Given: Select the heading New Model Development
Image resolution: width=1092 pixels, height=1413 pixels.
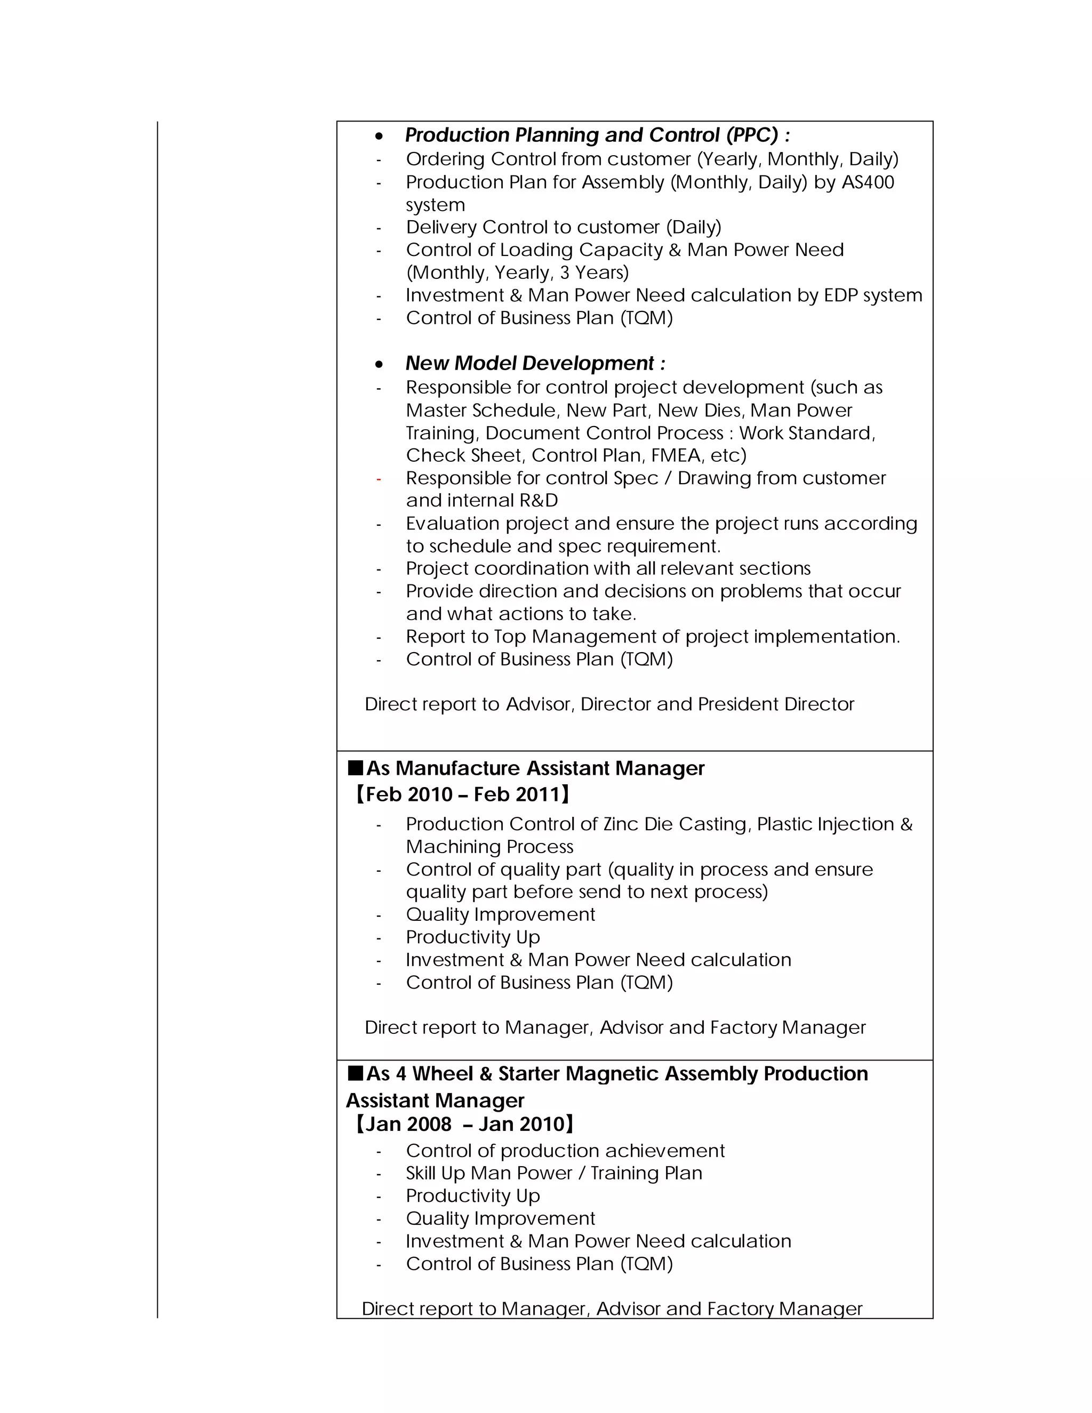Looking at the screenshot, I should pyautogui.click(x=534, y=364).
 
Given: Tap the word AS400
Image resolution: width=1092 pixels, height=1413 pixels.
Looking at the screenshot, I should pyautogui.click(x=868, y=182).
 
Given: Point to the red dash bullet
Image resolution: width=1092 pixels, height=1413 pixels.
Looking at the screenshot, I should pyautogui.click(x=379, y=479).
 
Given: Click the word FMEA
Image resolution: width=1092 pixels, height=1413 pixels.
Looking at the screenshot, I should pyautogui.click(x=677, y=455).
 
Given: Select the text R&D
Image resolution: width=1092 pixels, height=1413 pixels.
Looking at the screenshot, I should pyautogui.click(x=538, y=501).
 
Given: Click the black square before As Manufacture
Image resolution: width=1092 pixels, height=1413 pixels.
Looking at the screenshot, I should pyautogui.click(x=355, y=768).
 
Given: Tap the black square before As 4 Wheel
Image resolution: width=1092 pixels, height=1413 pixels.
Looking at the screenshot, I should pyautogui.click(x=355, y=1073).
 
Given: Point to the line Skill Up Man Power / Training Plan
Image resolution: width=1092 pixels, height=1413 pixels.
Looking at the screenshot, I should pyautogui.click(x=554, y=1174).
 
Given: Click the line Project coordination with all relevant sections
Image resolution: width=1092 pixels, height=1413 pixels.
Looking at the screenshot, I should pyautogui.click(x=608, y=569).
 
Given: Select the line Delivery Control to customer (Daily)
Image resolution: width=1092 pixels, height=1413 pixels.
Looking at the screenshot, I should pyautogui.click(x=563, y=228).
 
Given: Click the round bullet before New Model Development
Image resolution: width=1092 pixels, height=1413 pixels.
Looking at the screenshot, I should pyautogui.click(x=379, y=365).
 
